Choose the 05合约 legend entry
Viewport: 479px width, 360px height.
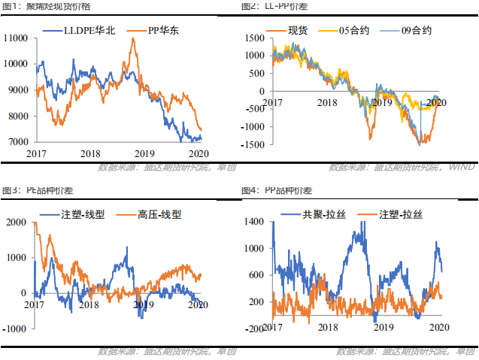pyautogui.click(x=353, y=32)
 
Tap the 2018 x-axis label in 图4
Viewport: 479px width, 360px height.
pyautogui.click(x=328, y=328)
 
